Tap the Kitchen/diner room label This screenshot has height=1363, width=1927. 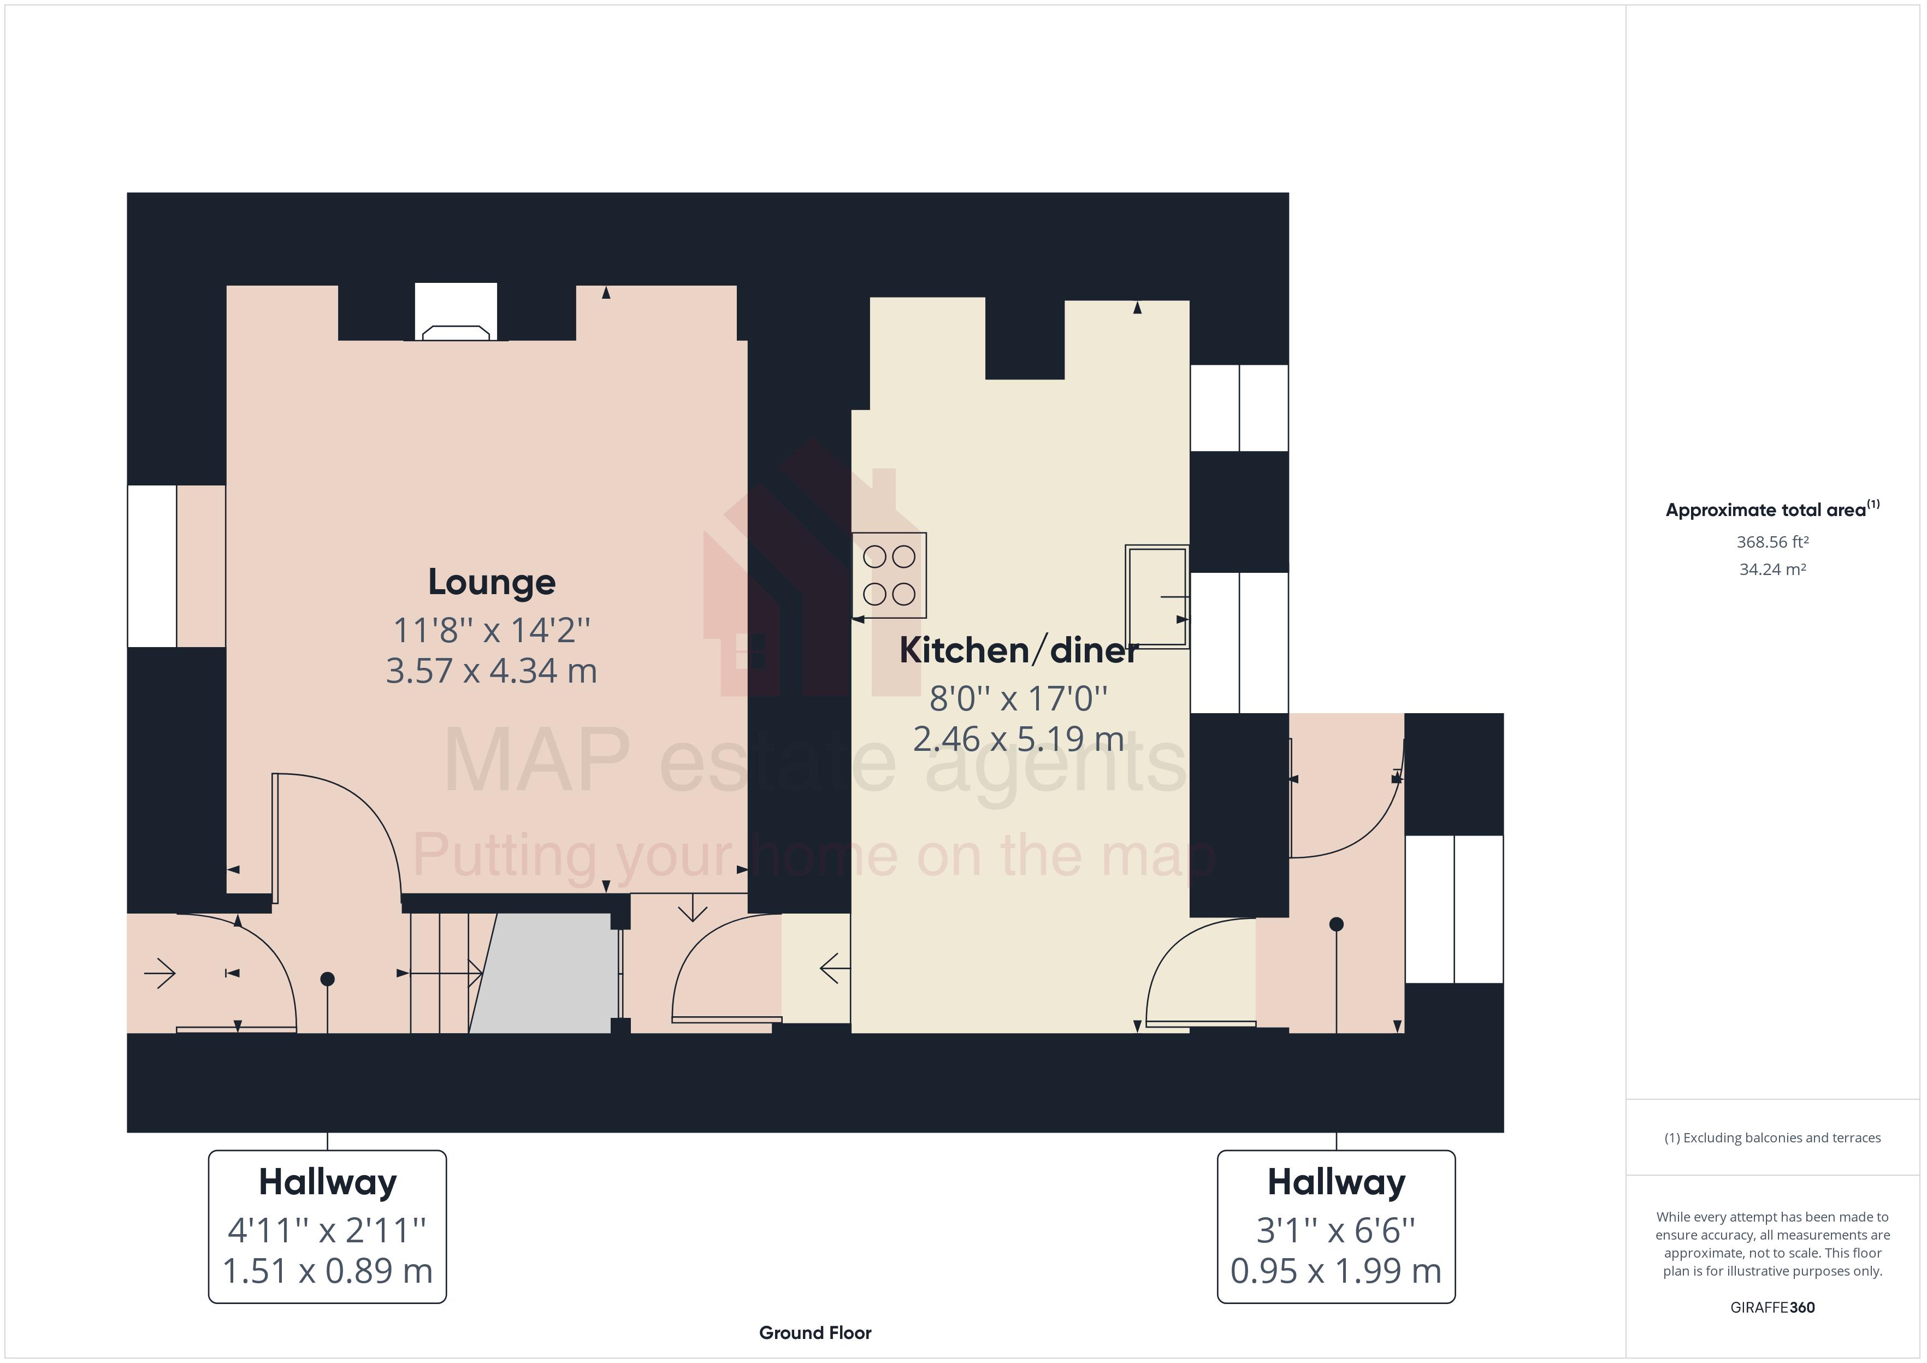click(x=1018, y=650)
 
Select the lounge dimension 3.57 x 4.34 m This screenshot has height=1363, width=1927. click(x=491, y=671)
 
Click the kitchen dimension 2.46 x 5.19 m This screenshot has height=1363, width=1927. click(x=1018, y=739)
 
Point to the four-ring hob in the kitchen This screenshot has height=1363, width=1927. click(x=889, y=575)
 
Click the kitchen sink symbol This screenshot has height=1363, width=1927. click(x=1156, y=596)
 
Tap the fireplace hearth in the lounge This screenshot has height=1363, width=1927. click(x=456, y=333)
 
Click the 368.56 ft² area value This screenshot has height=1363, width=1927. click(x=1772, y=542)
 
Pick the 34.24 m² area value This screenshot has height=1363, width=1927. click(x=1772, y=569)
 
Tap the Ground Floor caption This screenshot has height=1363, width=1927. click(x=815, y=1333)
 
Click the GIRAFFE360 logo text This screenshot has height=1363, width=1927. click(x=1772, y=1307)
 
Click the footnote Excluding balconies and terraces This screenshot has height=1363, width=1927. click(x=1772, y=1138)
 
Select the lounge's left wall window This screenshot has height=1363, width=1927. click(x=152, y=566)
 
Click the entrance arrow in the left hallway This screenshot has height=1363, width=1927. click(x=159, y=974)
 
